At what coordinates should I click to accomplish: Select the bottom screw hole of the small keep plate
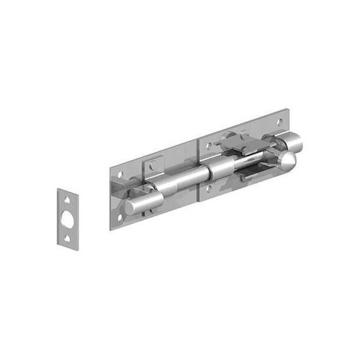tap(67, 238)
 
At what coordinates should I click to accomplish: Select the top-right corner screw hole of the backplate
tap(279, 122)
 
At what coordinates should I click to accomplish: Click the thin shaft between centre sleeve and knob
tap(252, 160)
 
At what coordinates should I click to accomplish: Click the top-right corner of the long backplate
tap(287, 110)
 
